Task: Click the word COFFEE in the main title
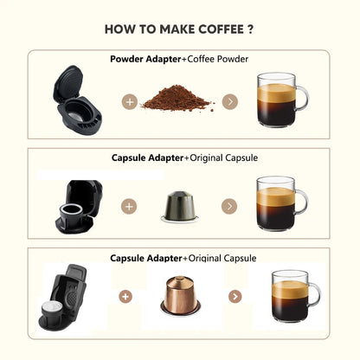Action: point(222,29)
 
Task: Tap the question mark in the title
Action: point(250,29)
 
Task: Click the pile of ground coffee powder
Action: point(177,98)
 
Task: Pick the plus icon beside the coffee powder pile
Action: point(130,102)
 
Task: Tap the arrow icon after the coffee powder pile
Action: point(230,102)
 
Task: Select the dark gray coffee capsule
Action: point(180,207)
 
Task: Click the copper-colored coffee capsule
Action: point(180,296)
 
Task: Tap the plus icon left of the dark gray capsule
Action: point(129,206)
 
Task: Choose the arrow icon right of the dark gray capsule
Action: point(229,206)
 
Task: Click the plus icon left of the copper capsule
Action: point(125,297)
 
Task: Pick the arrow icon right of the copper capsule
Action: point(235,297)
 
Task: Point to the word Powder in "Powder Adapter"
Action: point(127,59)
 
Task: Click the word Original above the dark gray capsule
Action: point(207,158)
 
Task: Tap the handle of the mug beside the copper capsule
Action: point(316,296)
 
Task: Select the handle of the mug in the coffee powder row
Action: point(303,98)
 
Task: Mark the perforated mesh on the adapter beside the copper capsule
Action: point(70,296)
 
